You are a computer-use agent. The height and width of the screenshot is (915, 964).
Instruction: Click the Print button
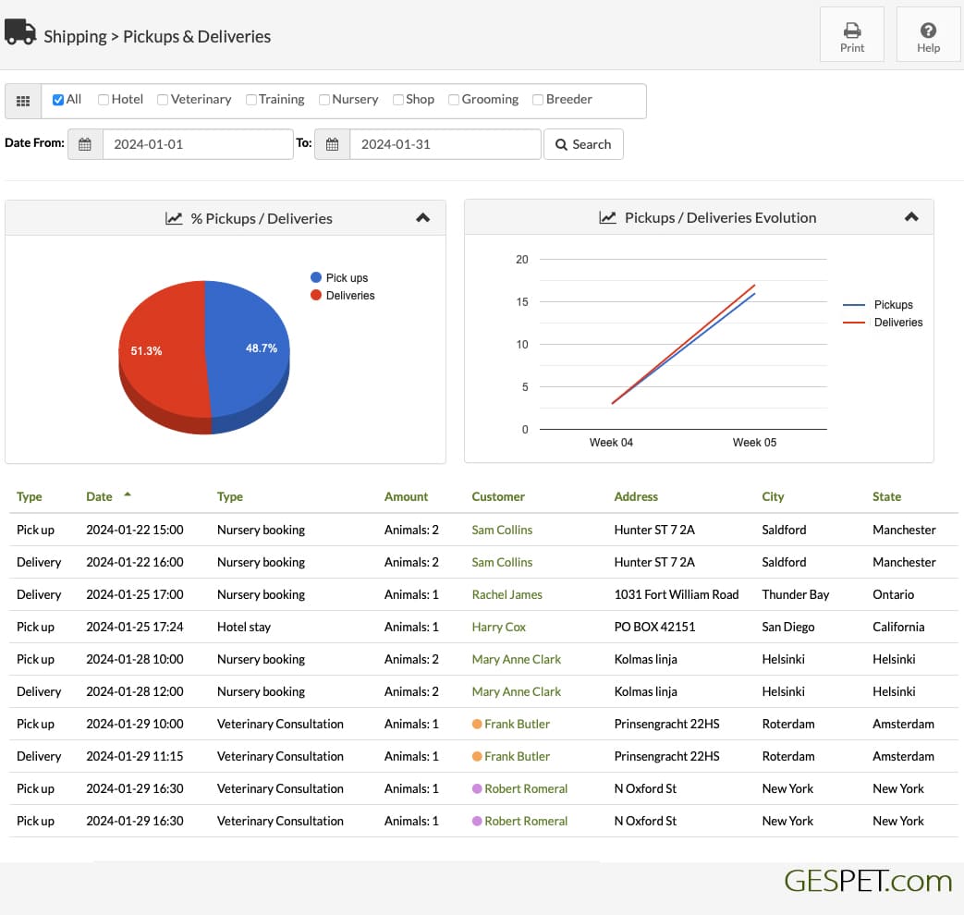click(851, 34)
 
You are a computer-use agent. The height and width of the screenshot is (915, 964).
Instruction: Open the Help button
click(928, 34)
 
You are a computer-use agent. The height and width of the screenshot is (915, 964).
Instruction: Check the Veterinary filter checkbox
click(163, 100)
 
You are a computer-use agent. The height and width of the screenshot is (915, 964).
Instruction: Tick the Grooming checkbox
click(454, 100)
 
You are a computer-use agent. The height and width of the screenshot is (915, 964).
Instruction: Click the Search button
click(583, 144)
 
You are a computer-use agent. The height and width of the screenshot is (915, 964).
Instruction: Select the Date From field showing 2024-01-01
click(198, 144)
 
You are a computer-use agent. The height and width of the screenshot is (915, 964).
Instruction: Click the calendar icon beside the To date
click(332, 144)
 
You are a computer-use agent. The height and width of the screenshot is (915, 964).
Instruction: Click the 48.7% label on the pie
click(262, 348)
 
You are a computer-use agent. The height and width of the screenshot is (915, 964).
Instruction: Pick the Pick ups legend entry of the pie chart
click(339, 277)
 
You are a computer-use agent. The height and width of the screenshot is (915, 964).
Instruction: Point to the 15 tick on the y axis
click(522, 302)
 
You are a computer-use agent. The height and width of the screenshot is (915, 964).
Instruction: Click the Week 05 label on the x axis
click(754, 442)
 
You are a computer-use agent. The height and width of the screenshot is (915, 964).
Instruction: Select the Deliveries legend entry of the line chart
click(883, 323)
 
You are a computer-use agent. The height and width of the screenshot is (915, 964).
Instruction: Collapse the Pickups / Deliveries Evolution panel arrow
click(911, 217)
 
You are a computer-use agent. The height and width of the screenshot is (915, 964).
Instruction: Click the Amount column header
click(406, 496)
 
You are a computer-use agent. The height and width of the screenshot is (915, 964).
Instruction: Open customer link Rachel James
click(507, 594)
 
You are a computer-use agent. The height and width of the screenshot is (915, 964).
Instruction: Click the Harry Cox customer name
click(498, 627)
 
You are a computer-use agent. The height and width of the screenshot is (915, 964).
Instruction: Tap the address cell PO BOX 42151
click(654, 627)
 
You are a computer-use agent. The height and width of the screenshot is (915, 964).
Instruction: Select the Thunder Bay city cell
click(796, 594)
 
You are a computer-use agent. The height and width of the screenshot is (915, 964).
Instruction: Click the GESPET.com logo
click(868, 881)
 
